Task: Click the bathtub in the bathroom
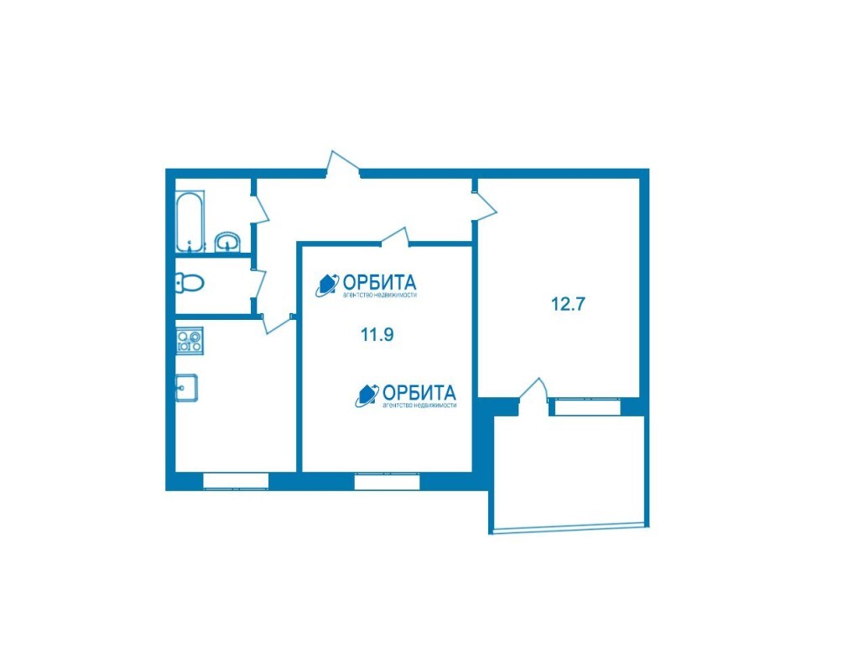click(190, 221)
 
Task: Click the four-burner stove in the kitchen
click(190, 340)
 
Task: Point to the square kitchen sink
click(186, 388)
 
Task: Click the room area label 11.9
click(377, 334)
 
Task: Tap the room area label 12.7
click(568, 304)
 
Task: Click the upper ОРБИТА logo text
click(379, 283)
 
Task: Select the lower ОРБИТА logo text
click(419, 393)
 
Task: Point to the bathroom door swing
click(260, 207)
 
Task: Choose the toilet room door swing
click(259, 285)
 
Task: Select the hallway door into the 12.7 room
click(484, 206)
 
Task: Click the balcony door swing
click(534, 390)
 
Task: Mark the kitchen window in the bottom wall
click(236, 481)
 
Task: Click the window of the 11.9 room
click(387, 481)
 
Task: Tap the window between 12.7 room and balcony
click(585, 407)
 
